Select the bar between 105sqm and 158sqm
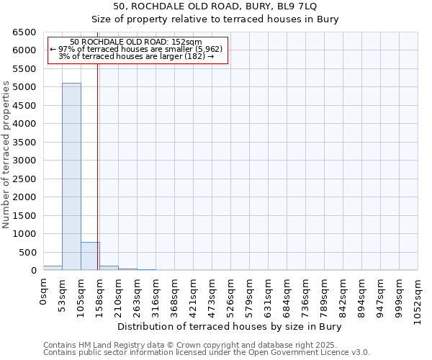coord(90,256)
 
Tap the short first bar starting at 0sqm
coord(53,268)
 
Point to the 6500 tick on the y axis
coord(24,32)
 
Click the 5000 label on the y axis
coord(24,87)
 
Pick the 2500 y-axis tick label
coord(24,179)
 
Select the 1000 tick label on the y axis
coord(24,234)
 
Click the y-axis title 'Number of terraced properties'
coord(7,155)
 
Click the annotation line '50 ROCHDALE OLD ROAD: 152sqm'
coord(136,42)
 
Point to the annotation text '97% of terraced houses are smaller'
coord(136,49)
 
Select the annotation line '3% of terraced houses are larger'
coord(136,56)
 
